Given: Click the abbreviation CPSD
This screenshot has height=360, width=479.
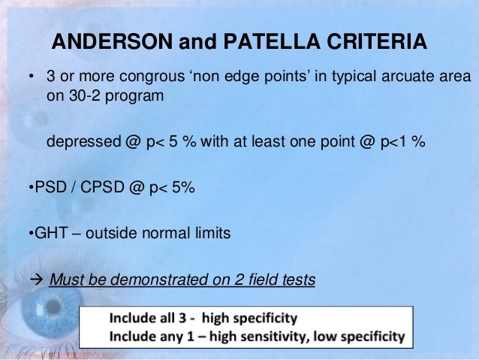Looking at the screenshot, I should [x=98, y=189].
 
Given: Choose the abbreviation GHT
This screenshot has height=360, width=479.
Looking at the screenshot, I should [x=48, y=234].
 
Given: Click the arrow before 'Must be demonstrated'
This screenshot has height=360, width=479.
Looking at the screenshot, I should [x=36, y=280].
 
